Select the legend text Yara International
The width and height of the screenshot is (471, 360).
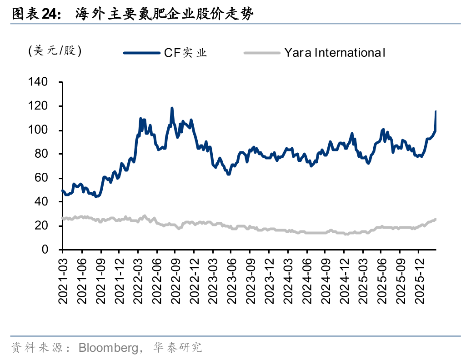(335, 53)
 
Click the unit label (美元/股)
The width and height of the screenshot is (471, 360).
(55, 51)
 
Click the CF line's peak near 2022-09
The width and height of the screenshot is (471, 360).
(172, 108)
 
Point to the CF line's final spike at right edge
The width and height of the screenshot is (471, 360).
(436, 112)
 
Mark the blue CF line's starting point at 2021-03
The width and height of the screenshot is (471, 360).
(63, 190)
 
